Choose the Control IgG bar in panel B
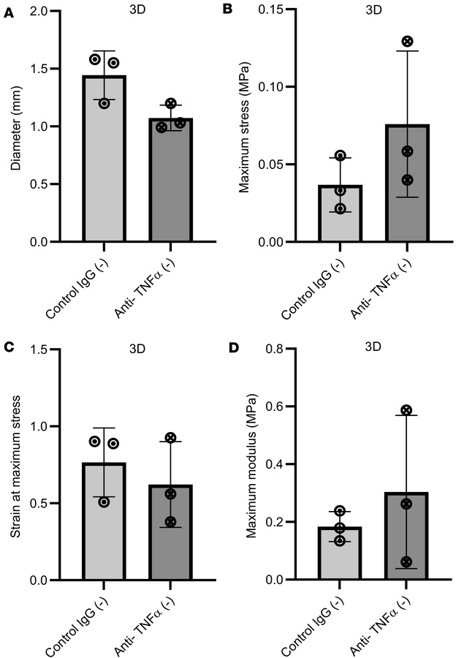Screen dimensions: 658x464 (341, 213)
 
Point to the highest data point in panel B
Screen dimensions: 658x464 (407, 42)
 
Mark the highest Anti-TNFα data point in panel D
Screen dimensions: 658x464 (407, 411)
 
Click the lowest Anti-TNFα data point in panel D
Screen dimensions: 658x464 (407, 562)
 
